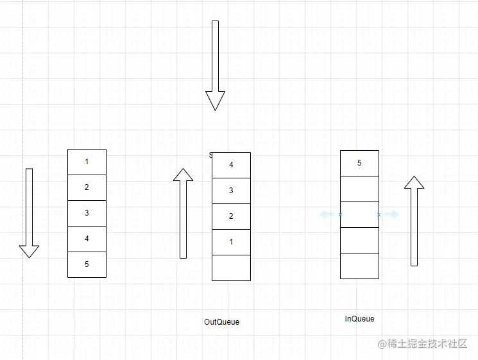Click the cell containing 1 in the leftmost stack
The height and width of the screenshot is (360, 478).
click(x=87, y=162)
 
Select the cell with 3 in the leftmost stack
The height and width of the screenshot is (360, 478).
click(x=87, y=213)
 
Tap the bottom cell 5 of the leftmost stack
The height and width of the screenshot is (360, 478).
click(x=87, y=264)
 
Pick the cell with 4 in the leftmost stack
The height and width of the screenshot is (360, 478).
click(x=87, y=239)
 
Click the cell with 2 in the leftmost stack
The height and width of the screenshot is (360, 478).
click(x=87, y=187)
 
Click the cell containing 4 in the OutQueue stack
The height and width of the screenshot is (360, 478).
click(x=231, y=165)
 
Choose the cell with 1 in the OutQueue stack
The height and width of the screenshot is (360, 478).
click(x=231, y=242)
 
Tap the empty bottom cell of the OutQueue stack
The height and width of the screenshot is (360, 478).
click(x=231, y=268)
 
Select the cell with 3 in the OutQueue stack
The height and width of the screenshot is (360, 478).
click(x=231, y=191)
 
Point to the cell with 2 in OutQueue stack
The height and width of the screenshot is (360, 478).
click(x=231, y=216)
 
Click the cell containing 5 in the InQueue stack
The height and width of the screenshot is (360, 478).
click(x=359, y=163)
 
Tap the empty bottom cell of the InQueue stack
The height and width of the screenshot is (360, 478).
click(x=359, y=266)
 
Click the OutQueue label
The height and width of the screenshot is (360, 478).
click(x=221, y=321)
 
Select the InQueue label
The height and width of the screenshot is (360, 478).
click(x=359, y=319)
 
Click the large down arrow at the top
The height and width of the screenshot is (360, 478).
click(x=215, y=64)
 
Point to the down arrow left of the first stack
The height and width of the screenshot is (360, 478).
click(x=29, y=212)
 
